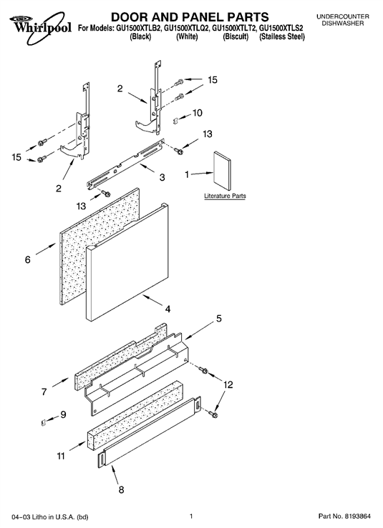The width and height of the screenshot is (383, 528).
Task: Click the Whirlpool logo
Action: (41, 28)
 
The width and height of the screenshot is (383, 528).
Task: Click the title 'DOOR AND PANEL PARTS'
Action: (190, 16)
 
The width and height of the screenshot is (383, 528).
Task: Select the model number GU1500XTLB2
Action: (140, 29)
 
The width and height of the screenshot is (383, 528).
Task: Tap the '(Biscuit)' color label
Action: (236, 36)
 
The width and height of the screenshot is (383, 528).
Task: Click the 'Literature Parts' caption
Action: (225, 196)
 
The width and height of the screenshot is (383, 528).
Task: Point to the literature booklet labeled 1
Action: (223, 171)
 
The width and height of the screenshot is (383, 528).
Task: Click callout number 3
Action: (162, 176)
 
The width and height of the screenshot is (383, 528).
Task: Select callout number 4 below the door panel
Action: (168, 309)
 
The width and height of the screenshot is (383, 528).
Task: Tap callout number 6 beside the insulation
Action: (28, 259)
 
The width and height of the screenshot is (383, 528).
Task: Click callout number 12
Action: (228, 384)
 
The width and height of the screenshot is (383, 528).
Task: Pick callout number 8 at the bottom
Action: (122, 489)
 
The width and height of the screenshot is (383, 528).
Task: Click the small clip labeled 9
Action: (43, 422)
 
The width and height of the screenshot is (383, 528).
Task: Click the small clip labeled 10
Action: (175, 120)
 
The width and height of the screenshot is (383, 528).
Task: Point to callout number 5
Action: (219, 318)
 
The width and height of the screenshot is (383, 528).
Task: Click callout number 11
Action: (61, 456)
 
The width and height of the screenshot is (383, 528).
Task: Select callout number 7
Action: (44, 392)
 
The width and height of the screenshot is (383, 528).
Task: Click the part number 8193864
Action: (357, 516)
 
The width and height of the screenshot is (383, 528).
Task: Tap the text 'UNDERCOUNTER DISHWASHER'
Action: (342, 20)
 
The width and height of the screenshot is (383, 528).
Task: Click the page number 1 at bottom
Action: (191, 516)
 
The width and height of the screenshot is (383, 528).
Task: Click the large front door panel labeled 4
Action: (127, 262)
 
